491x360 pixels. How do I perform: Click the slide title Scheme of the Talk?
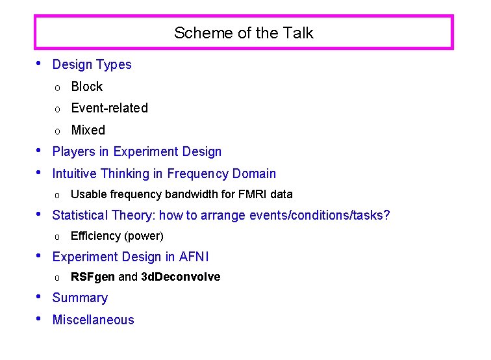(244, 33)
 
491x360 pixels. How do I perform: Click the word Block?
(87, 86)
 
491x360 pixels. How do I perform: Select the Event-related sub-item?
(109, 108)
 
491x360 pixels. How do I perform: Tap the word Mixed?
(88, 130)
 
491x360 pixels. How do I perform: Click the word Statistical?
(80, 215)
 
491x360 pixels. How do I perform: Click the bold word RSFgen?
(93, 277)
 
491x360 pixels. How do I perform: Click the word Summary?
(80, 298)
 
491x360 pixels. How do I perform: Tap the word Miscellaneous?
(93, 320)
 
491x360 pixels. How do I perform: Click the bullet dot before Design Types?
(40, 63)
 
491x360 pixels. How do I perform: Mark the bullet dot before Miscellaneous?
(40, 318)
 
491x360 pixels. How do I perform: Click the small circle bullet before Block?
(57, 88)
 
